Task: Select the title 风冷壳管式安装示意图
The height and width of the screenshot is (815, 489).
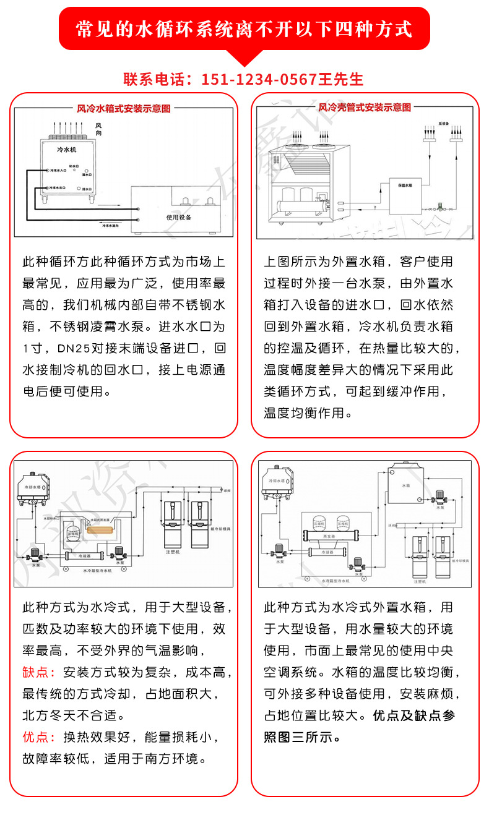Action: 365,108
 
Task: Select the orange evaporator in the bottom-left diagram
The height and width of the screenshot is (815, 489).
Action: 101,530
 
